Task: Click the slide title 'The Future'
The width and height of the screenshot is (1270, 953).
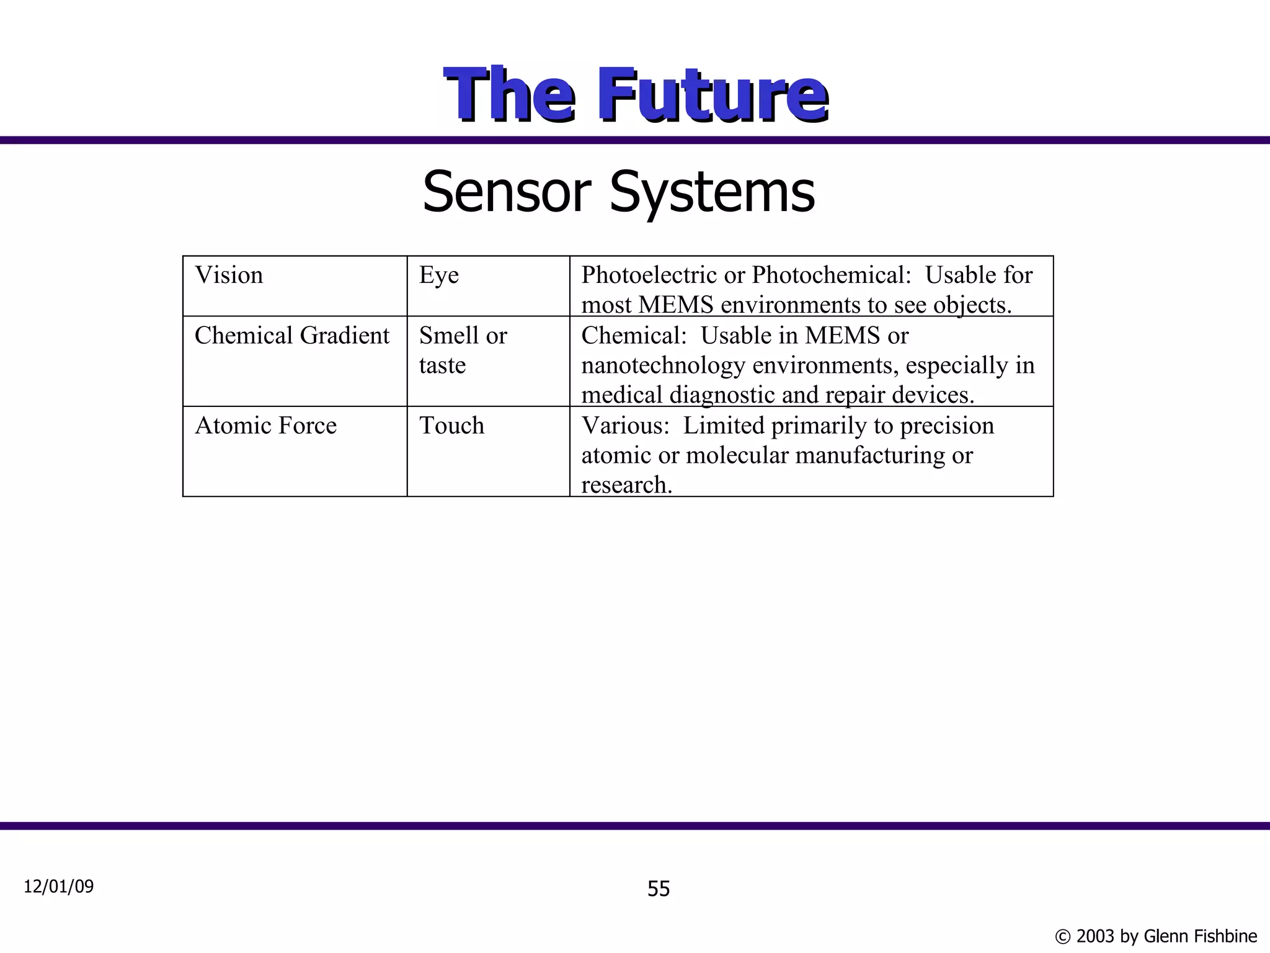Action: click(635, 95)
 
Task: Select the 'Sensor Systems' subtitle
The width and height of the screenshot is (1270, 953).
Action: click(618, 192)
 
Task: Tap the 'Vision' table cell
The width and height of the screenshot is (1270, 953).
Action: click(229, 275)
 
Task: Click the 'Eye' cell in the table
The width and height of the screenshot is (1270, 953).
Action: click(438, 275)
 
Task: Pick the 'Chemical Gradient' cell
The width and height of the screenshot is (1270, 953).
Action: click(292, 336)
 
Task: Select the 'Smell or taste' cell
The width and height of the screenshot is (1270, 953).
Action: click(463, 351)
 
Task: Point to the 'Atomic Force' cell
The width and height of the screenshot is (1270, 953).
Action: click(265, 426)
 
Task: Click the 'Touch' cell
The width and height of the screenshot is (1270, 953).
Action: click(451, 426)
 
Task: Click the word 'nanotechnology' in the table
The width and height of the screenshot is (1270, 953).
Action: click(663, 365)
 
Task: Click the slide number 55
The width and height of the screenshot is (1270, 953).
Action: click(659, 889)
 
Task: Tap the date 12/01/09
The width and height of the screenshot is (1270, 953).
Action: click(58, 887)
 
